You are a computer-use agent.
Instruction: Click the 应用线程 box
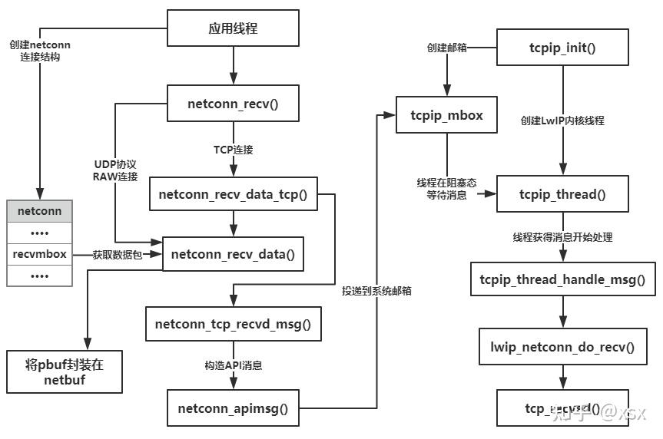(x=233, y=29)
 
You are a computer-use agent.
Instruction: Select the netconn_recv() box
(x=233, y=104)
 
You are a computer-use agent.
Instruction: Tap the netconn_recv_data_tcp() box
(x=233, y=194)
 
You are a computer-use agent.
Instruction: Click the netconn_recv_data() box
(x=233, y=253)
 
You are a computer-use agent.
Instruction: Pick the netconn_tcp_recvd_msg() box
(x=233, y=324)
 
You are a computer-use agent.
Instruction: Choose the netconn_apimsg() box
(x=233, y=408)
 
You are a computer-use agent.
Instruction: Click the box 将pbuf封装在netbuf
(x=64, y=371)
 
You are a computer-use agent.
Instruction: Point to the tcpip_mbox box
(x=447, y=115)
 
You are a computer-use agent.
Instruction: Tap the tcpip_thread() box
(x=562, y=194)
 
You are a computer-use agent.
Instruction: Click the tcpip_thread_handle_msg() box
(x=562, y=279)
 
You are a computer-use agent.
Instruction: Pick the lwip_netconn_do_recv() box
(x=562, y=346)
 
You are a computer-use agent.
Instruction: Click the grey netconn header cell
(x=39, y=209)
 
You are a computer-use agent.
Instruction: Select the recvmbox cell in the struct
(x=39, y=253)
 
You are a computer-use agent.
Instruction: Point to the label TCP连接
(x=233, y=149)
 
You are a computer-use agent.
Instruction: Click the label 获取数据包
(x=118, y=254)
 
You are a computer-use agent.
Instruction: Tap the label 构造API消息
(x=233, y=365)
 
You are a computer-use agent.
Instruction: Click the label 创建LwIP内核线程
(x=562, y=120)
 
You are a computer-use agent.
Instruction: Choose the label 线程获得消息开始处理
(x=562, y=236)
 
